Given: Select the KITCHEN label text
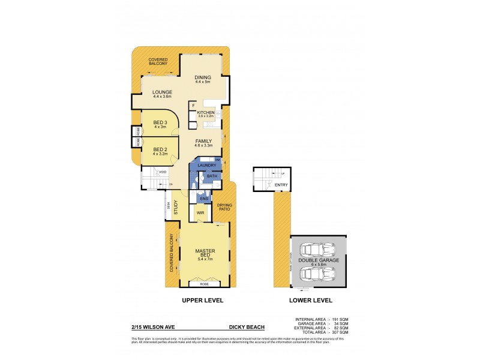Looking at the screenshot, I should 206,112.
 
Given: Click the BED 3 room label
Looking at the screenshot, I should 160,123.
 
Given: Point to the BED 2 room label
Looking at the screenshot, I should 160,149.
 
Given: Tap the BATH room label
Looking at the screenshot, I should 212,176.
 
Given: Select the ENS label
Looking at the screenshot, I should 203,198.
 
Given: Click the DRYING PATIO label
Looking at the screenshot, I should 224,207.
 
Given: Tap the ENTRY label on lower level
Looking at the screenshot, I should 281,185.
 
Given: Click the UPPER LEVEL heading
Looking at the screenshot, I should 203,300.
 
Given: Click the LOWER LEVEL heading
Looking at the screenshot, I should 310,300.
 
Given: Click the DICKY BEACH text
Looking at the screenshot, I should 247,327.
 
